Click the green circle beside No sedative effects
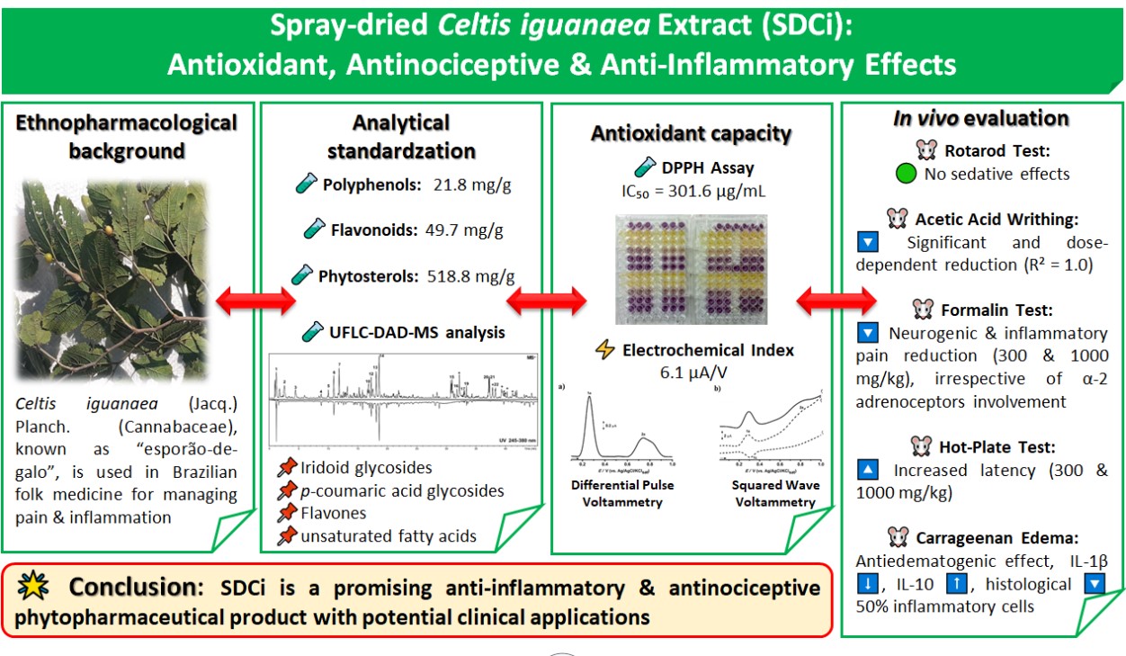(x=906, y=175)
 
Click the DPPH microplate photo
(x=691, y=270)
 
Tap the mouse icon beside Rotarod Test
(x=927, y=151)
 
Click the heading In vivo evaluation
(x=981, y=119)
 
